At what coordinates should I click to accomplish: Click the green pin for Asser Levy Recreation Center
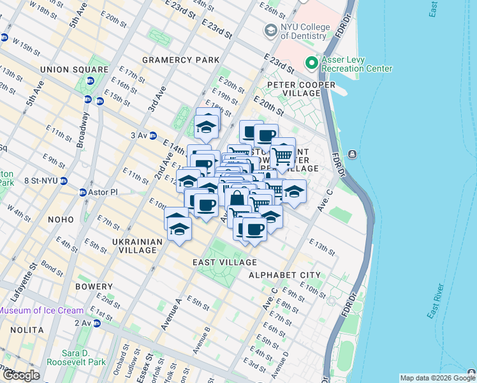pos(312,63)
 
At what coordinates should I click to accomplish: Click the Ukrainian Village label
pos(134,246)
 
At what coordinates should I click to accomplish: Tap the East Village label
pos(225,262)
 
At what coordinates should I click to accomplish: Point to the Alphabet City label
pos(284,274)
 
